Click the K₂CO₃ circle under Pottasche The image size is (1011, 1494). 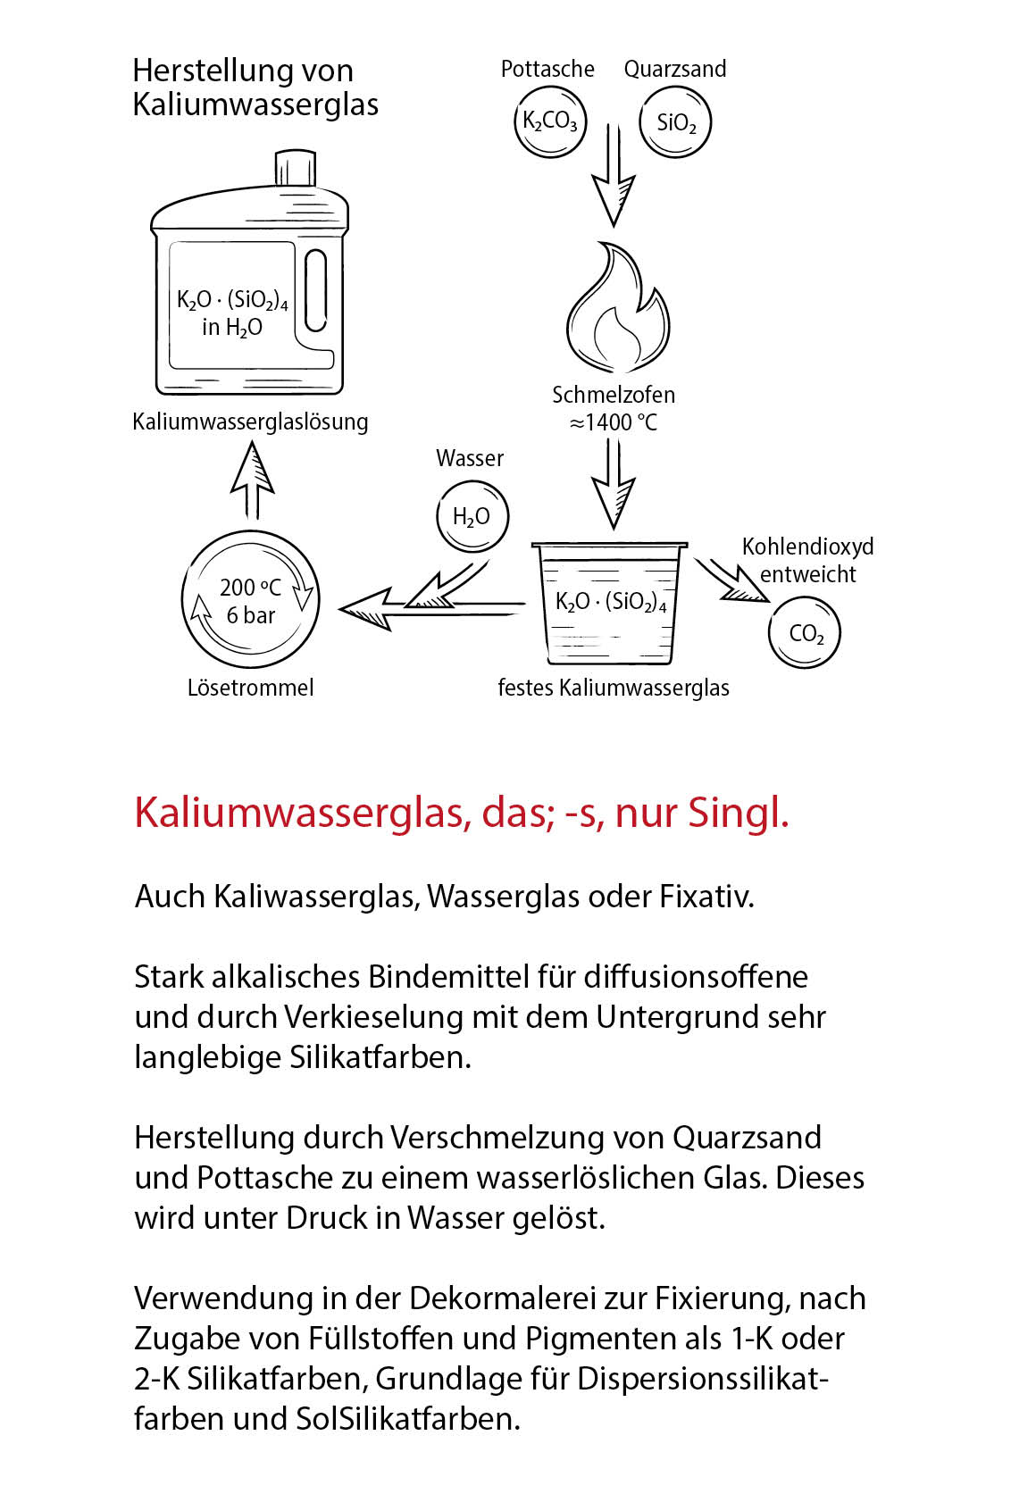tap(550, 122)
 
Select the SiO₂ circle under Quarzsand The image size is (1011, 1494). tap(675, 122)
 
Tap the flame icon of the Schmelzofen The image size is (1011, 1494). tap(617, 309)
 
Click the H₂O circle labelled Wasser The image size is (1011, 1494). tap(472, 517)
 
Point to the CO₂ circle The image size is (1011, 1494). tap(805, 633)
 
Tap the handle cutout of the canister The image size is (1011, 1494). tap(315, 290)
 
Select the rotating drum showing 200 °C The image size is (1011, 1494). tap(251, 600)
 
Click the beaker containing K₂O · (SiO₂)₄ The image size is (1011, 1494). tap(611, 603)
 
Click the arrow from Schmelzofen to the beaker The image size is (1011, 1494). tap(614, 483)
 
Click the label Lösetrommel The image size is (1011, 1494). tap(251, 688)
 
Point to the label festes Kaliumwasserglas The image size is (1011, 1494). tap(614, 688)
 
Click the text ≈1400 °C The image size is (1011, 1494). tap(614, 422)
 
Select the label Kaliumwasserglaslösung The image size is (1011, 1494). tap(250, 421)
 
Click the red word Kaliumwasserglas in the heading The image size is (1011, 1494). tap(300, 813)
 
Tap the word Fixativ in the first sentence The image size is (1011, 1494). tap(706, 897)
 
